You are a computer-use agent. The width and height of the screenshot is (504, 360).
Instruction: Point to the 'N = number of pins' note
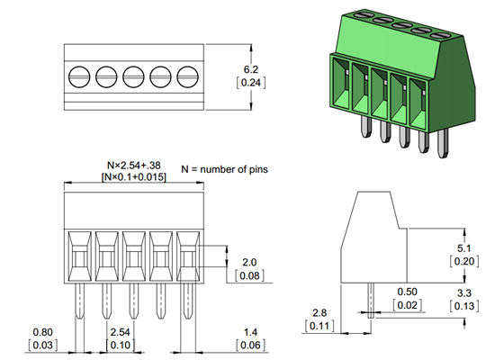pos(224,169)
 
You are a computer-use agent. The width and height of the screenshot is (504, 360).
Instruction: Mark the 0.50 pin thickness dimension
pos(407,292)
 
